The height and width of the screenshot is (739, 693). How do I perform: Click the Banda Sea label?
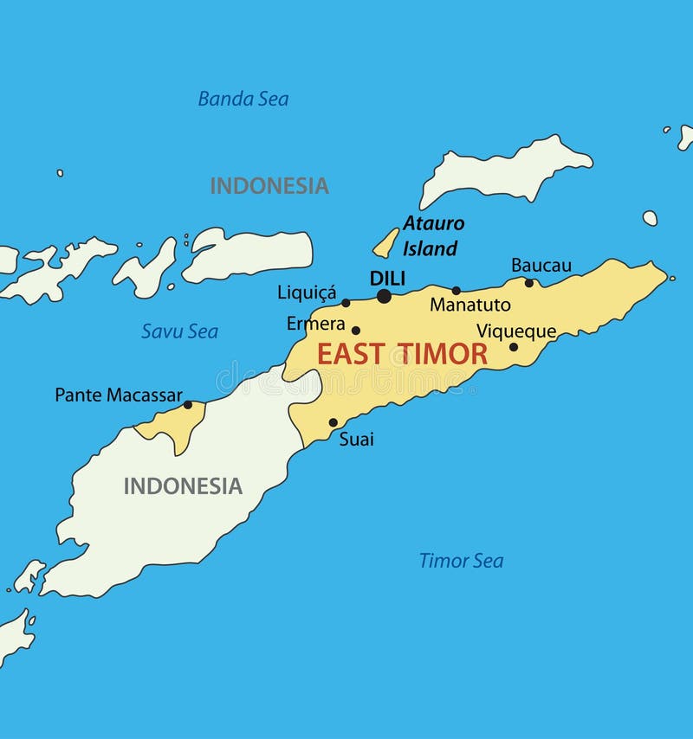coord(243,99)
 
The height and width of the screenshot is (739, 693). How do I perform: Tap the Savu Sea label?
coord(179,331)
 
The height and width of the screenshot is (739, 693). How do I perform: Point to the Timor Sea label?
coord(461,561)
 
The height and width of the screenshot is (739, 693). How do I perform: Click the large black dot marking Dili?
coord(384,296)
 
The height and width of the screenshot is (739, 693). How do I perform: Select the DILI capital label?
coord(387,278)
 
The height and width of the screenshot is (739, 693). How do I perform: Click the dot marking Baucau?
coord(529,282)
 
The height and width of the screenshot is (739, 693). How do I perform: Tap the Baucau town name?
coord(541,265)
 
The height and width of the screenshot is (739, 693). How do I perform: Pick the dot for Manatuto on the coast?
coord(457,291)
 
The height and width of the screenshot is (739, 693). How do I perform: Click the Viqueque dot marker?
coord(513,347)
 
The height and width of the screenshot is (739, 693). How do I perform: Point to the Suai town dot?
coord(333,423)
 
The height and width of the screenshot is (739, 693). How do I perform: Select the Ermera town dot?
coord(355,330)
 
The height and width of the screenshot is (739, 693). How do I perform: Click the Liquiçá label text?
coord(307,292)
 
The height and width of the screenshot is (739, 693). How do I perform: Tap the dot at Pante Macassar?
coord(188,404)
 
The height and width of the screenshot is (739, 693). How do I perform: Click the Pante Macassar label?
coord(119,395)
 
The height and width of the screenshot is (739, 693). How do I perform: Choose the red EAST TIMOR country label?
coord(402,353)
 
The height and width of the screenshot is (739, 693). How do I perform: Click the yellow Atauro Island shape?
coord(386,243)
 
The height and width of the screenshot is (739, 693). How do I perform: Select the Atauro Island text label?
coord(432,235)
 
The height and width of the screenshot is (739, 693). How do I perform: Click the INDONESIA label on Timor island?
coord(183,485)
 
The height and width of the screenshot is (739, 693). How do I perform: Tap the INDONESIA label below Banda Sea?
coord(269,185)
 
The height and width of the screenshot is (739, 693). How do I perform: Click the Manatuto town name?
coord(470,305)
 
